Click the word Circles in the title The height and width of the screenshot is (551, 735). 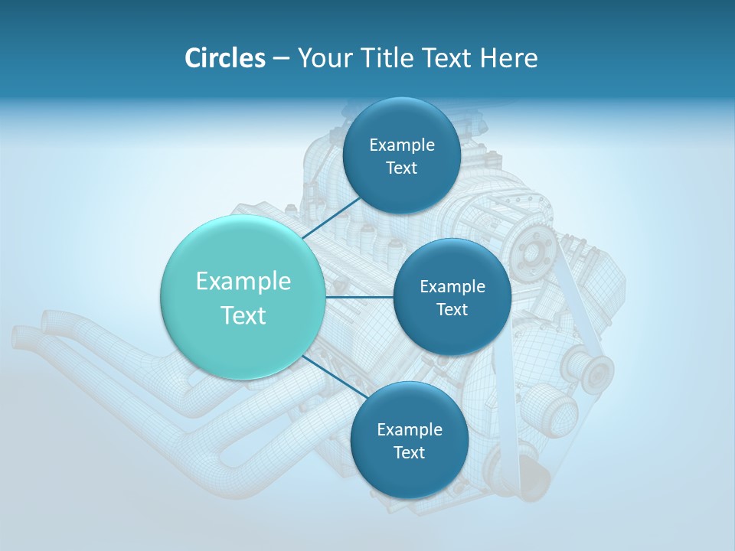(224, 58)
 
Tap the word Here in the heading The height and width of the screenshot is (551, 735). (509, 58)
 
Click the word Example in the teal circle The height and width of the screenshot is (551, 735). (243, 282)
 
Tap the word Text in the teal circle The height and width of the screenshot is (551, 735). (243, 315)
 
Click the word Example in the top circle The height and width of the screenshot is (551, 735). (401, 145)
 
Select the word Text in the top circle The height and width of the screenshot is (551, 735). (401, 168)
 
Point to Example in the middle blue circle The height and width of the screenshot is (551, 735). (452, 287)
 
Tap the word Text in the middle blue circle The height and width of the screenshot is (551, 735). (452, 310)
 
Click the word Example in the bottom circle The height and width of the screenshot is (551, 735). (409, 430)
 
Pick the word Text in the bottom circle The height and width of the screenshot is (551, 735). (409, 453)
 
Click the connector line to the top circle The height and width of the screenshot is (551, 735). (332, 217)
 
